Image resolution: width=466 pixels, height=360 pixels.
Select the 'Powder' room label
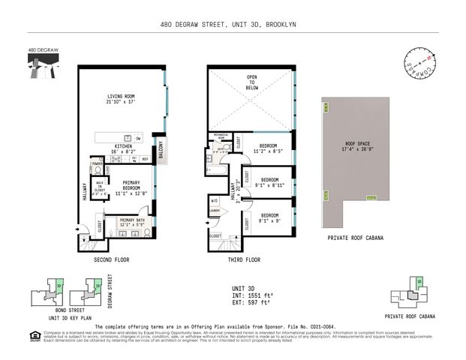click(x=98, y=163)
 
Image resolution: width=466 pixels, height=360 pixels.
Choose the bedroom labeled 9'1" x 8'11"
click(x=269, y=182)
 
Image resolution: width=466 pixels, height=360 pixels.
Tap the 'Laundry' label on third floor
click(x=214, y=211)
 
